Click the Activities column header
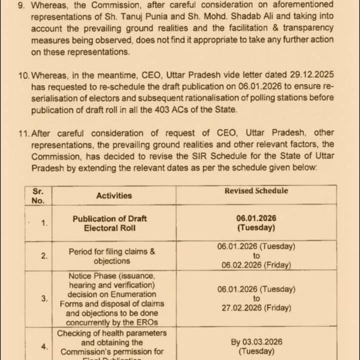coord(114,196)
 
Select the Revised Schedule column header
coord(256,190)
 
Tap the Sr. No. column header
coord(38,195)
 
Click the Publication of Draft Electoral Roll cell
coord(109,223)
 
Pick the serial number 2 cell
coord(44,255)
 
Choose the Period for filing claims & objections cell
coord(111,256)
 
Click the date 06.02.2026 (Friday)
coord(256,265)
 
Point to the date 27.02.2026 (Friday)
coord(256,308)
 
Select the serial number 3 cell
coord(44,298)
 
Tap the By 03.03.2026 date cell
coord(256,346)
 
